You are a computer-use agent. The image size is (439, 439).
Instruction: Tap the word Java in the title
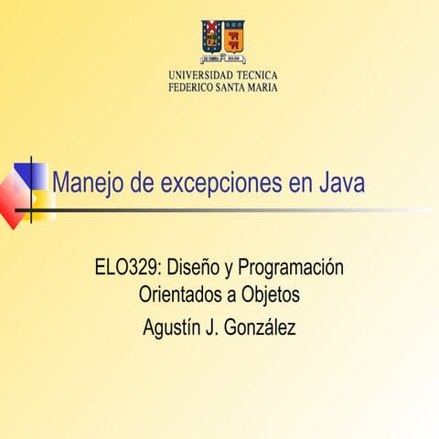tap(341, 183)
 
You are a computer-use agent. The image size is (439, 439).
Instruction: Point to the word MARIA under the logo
tap(261, 87)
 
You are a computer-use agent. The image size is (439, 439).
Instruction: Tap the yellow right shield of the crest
tap(234, 35)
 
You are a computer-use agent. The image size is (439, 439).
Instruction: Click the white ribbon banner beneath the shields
tap(222, 56)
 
